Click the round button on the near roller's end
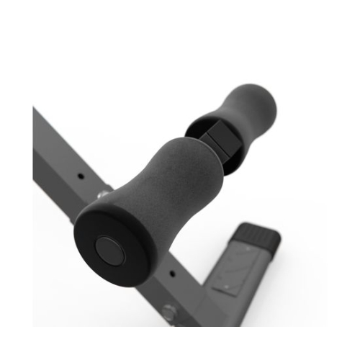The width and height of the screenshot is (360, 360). click(x=110, y=251)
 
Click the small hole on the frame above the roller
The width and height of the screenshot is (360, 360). click(x=80, y=174)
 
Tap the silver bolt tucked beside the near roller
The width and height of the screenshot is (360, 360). click(x=103, y=193)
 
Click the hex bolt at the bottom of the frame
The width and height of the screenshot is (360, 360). click(x=170, y=312)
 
